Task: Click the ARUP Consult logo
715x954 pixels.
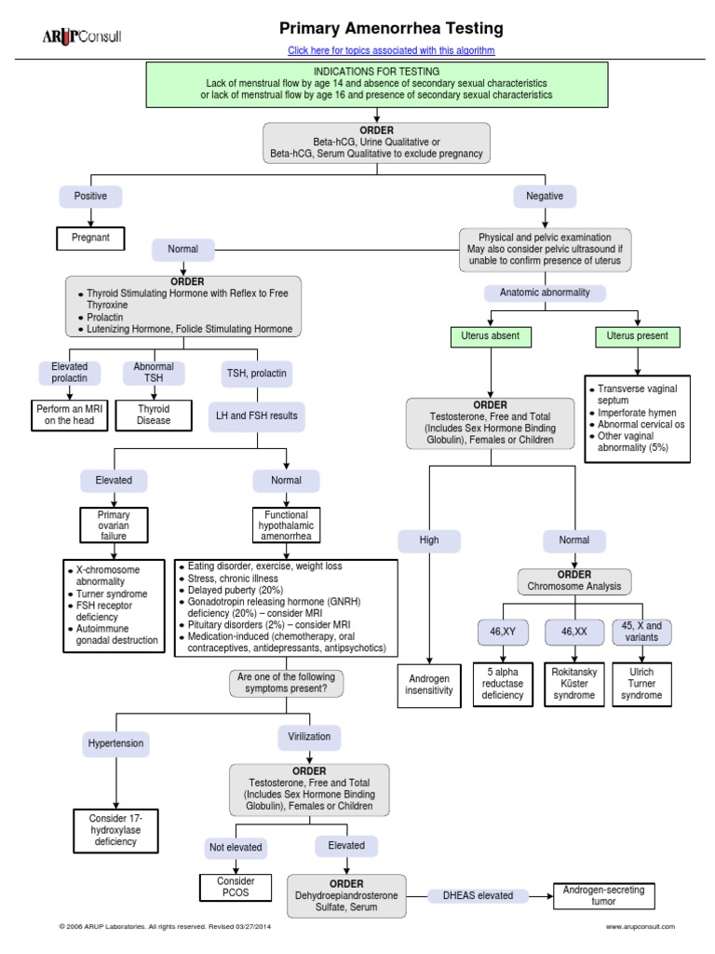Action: tap(81, 36)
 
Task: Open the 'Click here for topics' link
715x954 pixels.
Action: tap(391, 49)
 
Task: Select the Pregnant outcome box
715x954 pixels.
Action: tap(90, 238)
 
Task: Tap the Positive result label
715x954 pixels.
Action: tap(90, 197)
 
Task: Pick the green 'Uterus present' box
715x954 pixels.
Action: tap(638, 335)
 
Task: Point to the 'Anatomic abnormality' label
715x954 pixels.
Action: tap(545, 293)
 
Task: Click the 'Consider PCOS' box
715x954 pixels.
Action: tap(235, 887)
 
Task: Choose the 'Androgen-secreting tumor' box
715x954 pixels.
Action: tap(604, 895)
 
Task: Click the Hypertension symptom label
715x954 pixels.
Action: tap(115, 744)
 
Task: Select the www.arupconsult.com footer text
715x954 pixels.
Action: tap(640, 927)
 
